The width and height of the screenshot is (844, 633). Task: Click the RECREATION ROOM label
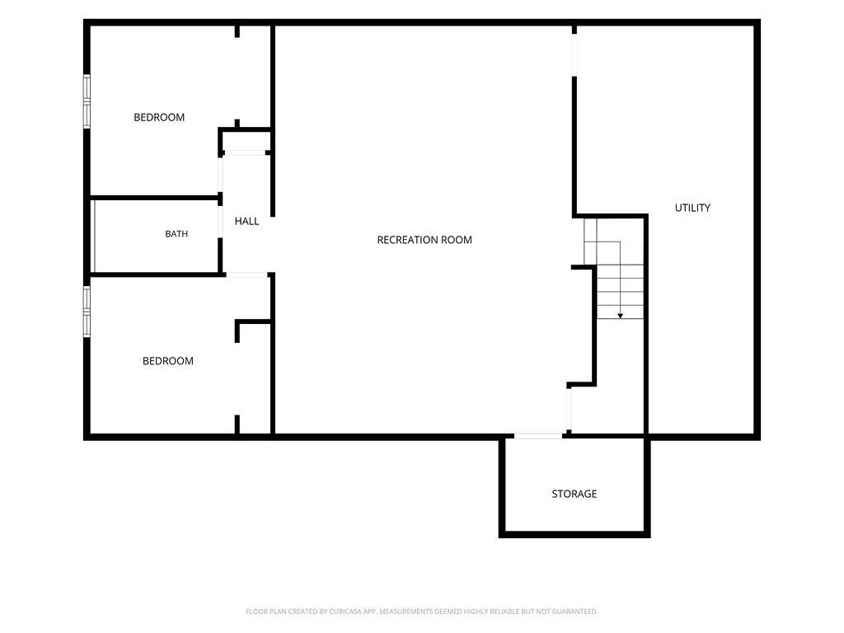point(424,240)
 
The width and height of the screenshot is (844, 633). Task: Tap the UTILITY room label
point(692,208)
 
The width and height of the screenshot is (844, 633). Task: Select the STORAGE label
point(574,494)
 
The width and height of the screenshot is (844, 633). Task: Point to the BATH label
point(176,233)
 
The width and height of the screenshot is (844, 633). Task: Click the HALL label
point(247,221)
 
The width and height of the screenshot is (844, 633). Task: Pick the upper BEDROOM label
point(159,117)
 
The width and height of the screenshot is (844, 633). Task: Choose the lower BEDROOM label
point(168,361)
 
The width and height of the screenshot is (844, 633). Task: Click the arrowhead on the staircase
point(620,316)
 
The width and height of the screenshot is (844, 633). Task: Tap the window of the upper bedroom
point(87,101)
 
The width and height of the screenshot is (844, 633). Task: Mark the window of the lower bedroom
point(87,312)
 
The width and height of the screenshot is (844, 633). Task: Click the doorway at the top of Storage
point(538,436)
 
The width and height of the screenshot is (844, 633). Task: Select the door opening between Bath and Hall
point(220,222)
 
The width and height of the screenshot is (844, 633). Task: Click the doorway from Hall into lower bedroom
point(247,275)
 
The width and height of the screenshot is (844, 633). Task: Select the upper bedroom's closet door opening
point(237,78)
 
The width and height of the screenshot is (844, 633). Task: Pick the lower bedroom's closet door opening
point(237,379)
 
